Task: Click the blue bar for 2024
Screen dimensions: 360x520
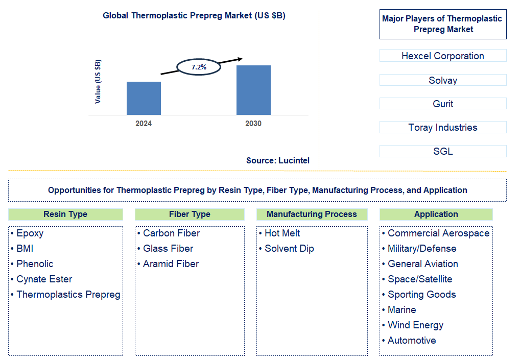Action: (x=144, y=98)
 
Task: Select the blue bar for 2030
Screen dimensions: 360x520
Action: (x=253, y=90)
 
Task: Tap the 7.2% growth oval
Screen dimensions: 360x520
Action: (x=198, y=67)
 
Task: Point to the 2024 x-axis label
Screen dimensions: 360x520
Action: (x=144, y=124)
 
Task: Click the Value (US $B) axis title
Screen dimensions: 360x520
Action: (x=98, y=82)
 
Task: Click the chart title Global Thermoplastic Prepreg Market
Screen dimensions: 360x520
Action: (x=194, y=15)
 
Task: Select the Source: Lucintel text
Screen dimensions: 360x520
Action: (x=277, y=160)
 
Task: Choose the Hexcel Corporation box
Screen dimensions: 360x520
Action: (x=442, y=56)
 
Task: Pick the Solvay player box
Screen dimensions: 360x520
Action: (x=442, y=80)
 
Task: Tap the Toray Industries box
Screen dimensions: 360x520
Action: (x=442, y=127)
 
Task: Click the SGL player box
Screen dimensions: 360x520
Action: (x=442, y=151)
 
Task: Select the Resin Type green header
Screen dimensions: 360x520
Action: (x=65, y=214)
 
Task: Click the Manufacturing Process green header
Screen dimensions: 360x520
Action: (x=312, y=214)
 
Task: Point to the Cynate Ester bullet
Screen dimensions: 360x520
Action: (x=44, y=279)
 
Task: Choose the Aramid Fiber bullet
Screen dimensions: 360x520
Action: (x=171, y=264)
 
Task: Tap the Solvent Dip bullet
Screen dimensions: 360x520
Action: (x=289, y=249)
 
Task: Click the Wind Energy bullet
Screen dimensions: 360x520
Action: (x=415, y=325)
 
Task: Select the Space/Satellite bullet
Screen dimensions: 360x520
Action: (x=420, y=279)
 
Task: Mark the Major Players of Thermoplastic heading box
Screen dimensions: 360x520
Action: (x=442, y=24)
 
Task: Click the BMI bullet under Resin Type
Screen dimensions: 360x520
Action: (x=25, y=249)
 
